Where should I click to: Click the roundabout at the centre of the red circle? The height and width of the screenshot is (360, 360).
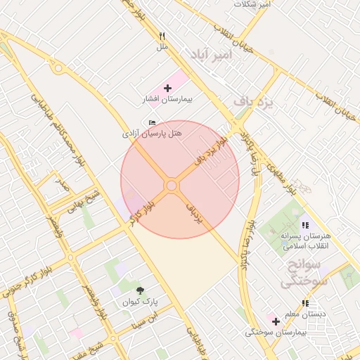[x=172, y=185]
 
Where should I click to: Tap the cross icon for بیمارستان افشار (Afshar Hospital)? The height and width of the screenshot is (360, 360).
[x=167, y=89]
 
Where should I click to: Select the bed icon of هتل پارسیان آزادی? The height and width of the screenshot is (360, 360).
[x=153, y=123]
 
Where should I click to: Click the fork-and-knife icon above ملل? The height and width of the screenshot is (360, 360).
[x=162, y=36]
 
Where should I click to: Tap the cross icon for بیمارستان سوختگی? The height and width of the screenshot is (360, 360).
[x=276, y=321]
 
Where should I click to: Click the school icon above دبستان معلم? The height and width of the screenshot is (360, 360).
[x=305, y=303]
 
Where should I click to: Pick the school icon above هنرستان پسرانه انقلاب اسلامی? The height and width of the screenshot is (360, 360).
[x=304, y=225]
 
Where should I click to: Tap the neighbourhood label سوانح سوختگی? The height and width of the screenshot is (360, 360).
[x=302, y=274]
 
